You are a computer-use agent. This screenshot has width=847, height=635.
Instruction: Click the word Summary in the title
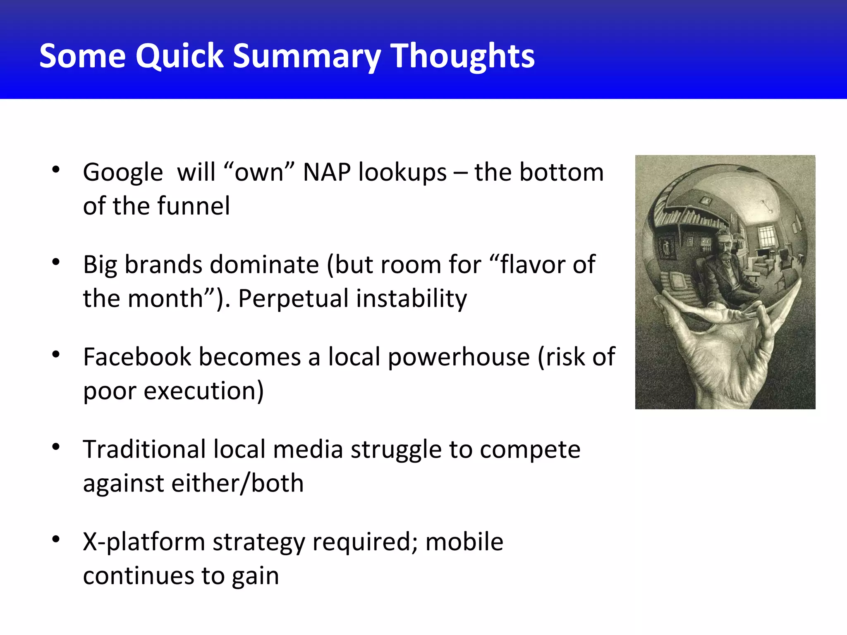coord(306,57)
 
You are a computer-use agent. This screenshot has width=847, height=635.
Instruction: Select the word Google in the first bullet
coord(123,173)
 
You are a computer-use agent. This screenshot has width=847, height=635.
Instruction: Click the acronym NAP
coord(327,172)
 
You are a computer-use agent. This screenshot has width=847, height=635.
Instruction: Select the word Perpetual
coord(293,298)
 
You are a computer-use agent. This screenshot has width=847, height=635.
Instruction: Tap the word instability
coord(412,298)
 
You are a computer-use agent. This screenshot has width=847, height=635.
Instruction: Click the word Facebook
coord(137,357)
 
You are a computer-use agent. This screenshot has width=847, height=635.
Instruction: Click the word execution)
coord(203,391)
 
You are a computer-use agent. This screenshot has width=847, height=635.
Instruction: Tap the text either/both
coord(237,483)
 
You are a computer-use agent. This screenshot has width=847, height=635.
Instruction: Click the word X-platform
coord(144,542)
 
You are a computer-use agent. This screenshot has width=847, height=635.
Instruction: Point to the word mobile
coord(464,542)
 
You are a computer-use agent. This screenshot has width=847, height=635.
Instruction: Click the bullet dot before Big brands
coord(56,262)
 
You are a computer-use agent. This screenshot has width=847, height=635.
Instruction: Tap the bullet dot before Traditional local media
coord(56,446)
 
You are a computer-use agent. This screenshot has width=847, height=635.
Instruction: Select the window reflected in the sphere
coord(766,236)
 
